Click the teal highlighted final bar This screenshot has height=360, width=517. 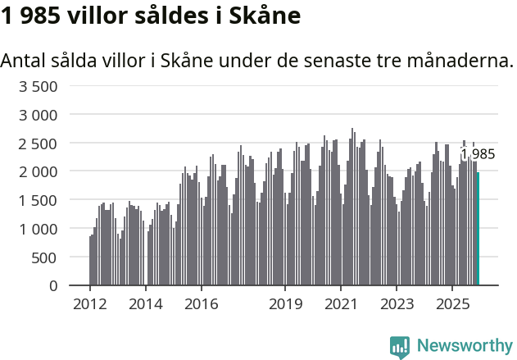478,229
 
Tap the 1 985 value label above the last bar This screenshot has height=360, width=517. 478,154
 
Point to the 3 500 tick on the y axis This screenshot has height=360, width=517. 39,86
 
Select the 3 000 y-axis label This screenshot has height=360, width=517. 39,115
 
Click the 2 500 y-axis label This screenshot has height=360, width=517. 39,144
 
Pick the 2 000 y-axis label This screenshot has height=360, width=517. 39,171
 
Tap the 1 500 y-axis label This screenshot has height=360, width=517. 39,200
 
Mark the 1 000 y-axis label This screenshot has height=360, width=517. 39,229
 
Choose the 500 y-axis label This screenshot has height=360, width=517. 45,257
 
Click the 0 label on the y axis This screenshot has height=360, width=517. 53,285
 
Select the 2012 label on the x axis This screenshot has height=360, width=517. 89,304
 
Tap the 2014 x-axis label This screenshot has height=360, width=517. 145,304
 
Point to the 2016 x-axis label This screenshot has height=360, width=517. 202,304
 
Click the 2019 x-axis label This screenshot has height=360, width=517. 285,304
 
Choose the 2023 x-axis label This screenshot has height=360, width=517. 397,304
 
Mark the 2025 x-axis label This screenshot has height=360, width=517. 453,304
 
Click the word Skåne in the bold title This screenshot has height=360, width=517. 260,16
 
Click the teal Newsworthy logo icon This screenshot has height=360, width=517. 400,347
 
